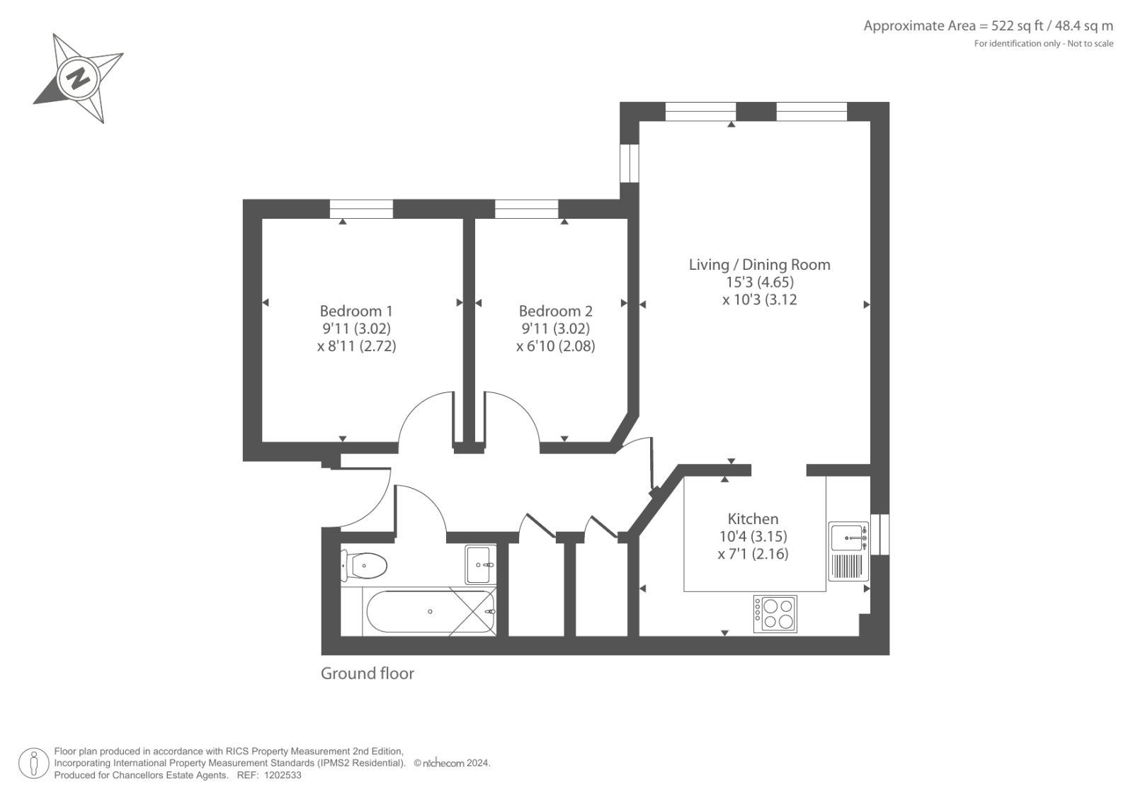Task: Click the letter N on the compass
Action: pyautogui.click(x=78, y=79)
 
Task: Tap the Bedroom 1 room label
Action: pyautogui.click(x=356, y=311)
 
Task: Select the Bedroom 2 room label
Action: pyautogui.click(x=555, y=311)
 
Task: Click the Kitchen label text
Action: pyautogui.click(x=753, y=518)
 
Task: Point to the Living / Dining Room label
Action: pyautogui.click(x=759, y=265)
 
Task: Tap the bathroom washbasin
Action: pyautogui.click(x=480, y=564)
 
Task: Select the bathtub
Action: pyautogui.click(x=430, y=612)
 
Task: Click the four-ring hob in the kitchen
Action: pyautogui.click(x=775, y=614)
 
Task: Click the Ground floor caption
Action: pyautogui.click(x=368, y=674)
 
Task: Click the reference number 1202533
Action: pyautogui.click(x=283, y=776)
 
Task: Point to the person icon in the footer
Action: pyautogui.click(x=34, y=763)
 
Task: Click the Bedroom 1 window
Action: pyautogui.click(x=361, y=209)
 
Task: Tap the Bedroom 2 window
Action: pyautogui.click(x=526, y=209)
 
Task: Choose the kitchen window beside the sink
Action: pyautogui.click(x=880, y=534)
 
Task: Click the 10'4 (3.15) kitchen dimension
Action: pyautogui.click(x=753, y=536)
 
